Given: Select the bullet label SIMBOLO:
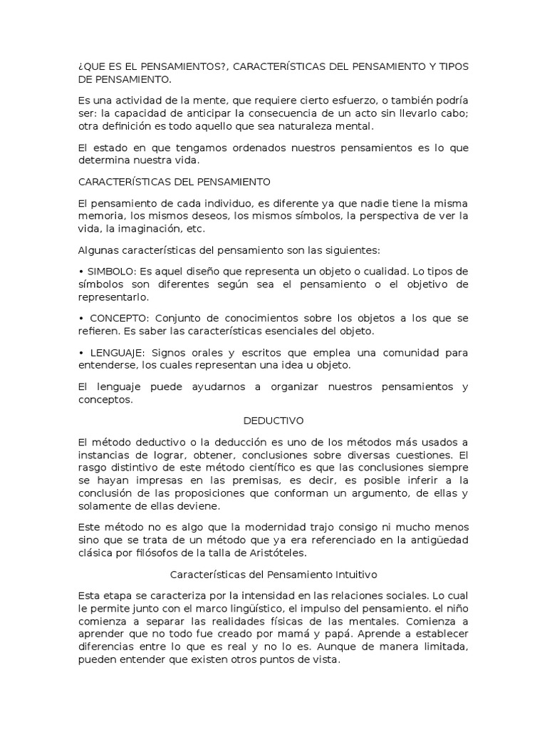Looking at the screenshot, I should coord(110,272).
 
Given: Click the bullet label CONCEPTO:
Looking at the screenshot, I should coord(115,318).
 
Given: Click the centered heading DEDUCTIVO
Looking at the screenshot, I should coord(273,421).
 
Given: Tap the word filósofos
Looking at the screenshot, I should coord(155,552).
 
